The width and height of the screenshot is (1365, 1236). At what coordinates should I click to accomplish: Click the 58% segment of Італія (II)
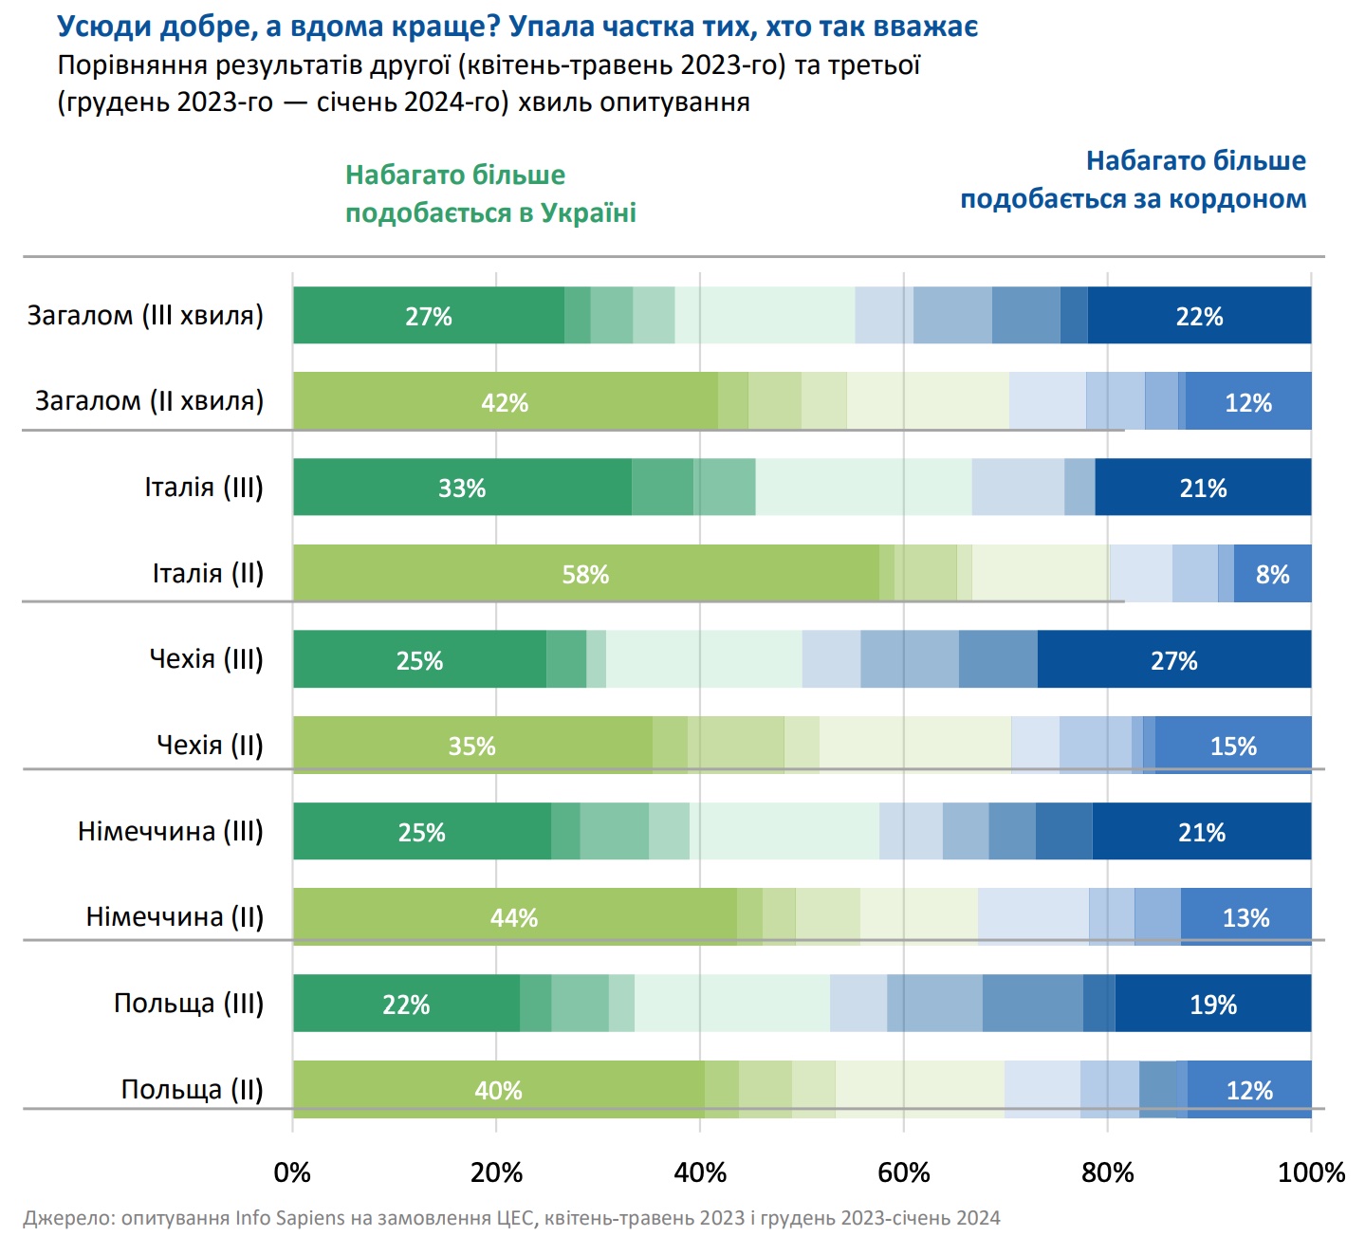click(x=585, y=574)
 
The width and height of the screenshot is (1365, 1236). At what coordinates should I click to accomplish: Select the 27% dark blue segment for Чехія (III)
click(x=1174, y=659)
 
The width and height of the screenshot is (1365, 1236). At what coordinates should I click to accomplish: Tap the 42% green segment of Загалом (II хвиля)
click(x=505, y=401)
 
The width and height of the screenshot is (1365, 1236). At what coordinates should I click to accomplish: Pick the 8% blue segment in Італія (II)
click(x=1272, y=574)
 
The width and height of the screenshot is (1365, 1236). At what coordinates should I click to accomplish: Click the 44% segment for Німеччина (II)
click(x=514, y=917)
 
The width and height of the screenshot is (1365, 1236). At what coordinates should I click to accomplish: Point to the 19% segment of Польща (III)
click(x=1213, y=1004)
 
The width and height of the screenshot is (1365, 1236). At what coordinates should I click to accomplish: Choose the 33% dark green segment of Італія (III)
click(x=462, y=488)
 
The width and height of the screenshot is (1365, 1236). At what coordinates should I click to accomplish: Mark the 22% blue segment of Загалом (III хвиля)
click(x=1199, y=316)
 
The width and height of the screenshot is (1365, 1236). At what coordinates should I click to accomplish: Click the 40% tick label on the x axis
click(x=700, y=1173)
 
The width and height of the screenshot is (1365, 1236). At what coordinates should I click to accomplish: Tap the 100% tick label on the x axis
click(x=1311, y=1173)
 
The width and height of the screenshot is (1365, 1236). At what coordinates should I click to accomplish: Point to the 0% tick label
click(x=292, y=1173)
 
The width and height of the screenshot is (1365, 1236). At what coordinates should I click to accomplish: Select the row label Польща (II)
click(x=192, y=1090)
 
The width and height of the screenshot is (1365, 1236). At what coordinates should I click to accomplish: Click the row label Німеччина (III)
click(x=171, y=832)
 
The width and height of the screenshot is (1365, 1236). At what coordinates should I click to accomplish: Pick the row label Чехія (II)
click(x=210, y=746)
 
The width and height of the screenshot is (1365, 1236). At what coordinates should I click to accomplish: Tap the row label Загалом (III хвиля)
click(x=145, y=316)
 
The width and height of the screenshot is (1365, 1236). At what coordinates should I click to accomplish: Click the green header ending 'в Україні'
click(x=490, y=194)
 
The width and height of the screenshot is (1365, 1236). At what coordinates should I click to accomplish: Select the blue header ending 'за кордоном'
click(x=1134, y=180)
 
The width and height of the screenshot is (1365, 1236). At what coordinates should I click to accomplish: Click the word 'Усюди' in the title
click(x=104, y=27)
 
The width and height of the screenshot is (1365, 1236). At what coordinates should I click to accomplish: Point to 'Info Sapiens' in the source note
click(x=290, y=1218)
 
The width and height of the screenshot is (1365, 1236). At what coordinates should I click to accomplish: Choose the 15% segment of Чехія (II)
click(x=1233, y=746)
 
